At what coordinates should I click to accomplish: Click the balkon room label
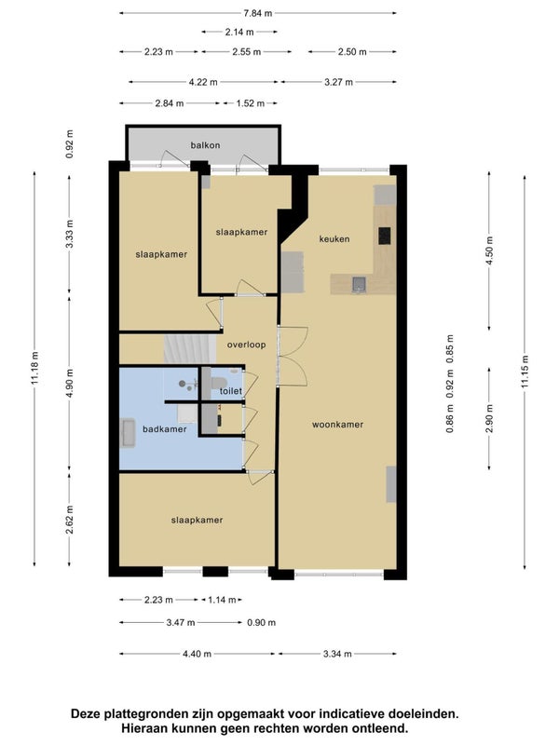[x=205, y=145]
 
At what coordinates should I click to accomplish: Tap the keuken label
[x=334, y=239]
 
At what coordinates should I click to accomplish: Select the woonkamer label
[x=337, y=425]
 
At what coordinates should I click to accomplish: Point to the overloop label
[x=246, y=345]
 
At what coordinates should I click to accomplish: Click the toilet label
[x=231, y=391]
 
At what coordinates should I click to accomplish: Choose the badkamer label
[x=165, y=429]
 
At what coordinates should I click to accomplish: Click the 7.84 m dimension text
[x=258, y=13]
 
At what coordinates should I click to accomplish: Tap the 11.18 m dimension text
[x=34, y=369]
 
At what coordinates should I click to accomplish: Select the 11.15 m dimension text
[x=525, y=372]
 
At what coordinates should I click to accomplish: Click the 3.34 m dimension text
[x=337, y=654]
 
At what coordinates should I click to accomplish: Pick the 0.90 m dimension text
[x=262, y=622]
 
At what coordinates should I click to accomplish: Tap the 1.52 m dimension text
[x=251, y=103]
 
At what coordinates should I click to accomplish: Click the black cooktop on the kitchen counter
[x=385, y=236]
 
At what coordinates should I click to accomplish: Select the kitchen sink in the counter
[x=359, y=284]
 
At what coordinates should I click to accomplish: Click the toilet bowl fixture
[x=219, y=383]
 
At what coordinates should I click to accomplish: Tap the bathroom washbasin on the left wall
[x=128, y=433]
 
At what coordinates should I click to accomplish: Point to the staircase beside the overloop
[x=190, y=349]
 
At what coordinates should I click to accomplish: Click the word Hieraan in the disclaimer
[x=141, y=728]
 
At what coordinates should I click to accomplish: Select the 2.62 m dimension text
[x=69, y=520]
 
